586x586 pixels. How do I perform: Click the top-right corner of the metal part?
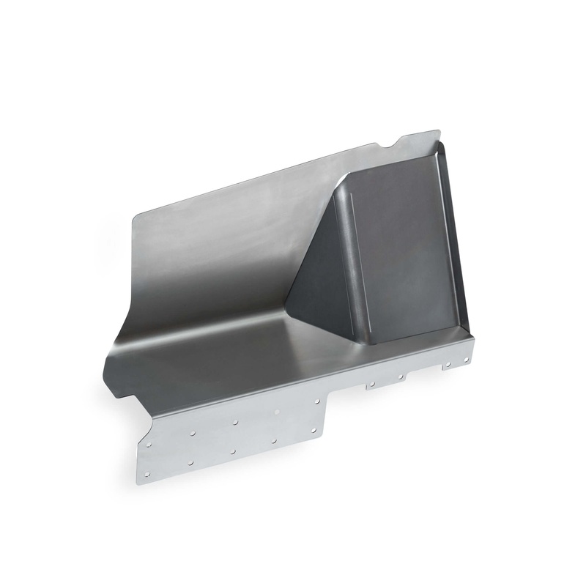(438, 132)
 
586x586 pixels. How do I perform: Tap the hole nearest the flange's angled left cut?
(149, 443)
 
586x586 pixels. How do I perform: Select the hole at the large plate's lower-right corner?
(314, 430)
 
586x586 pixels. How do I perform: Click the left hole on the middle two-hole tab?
(372, 383)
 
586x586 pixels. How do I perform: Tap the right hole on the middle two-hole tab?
(401, 377)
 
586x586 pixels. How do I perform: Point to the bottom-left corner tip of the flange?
(139, 484)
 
